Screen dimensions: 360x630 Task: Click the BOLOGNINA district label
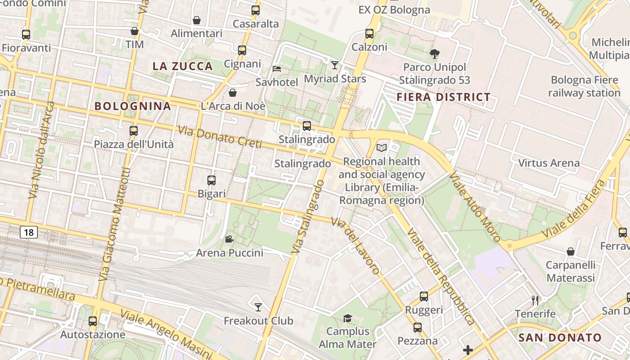[x=133, y=106]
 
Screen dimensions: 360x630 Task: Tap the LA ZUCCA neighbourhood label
[x=183, y=66]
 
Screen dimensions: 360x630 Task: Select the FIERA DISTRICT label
[x=443, y=97]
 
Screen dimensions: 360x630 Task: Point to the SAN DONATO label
[x=560, y=337]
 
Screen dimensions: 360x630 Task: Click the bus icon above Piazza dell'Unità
[x=134, y=131]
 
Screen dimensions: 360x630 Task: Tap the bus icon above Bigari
[x=211, y=180]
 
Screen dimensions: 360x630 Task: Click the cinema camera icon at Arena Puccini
[x=229, y=239]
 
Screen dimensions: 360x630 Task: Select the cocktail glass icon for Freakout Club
[x=258, y=307]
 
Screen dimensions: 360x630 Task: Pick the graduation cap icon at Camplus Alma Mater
[x=347, y=319]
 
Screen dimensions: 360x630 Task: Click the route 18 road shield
[x=29, y=232]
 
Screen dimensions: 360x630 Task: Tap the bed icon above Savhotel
[x=277, y=69]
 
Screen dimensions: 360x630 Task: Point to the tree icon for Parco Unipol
[x=434, y=54]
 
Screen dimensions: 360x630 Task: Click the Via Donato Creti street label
[x=220, y=137]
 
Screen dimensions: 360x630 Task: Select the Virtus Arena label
[x=549, y=163]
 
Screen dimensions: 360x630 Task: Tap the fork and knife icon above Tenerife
[x=535, y=300]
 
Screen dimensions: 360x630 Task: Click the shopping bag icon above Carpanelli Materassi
[x=571, y=251]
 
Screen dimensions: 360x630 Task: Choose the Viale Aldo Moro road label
[x=475, y=208]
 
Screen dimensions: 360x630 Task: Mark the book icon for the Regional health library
[x=382, y=148]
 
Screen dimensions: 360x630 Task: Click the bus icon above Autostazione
[x=93, y=321]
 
